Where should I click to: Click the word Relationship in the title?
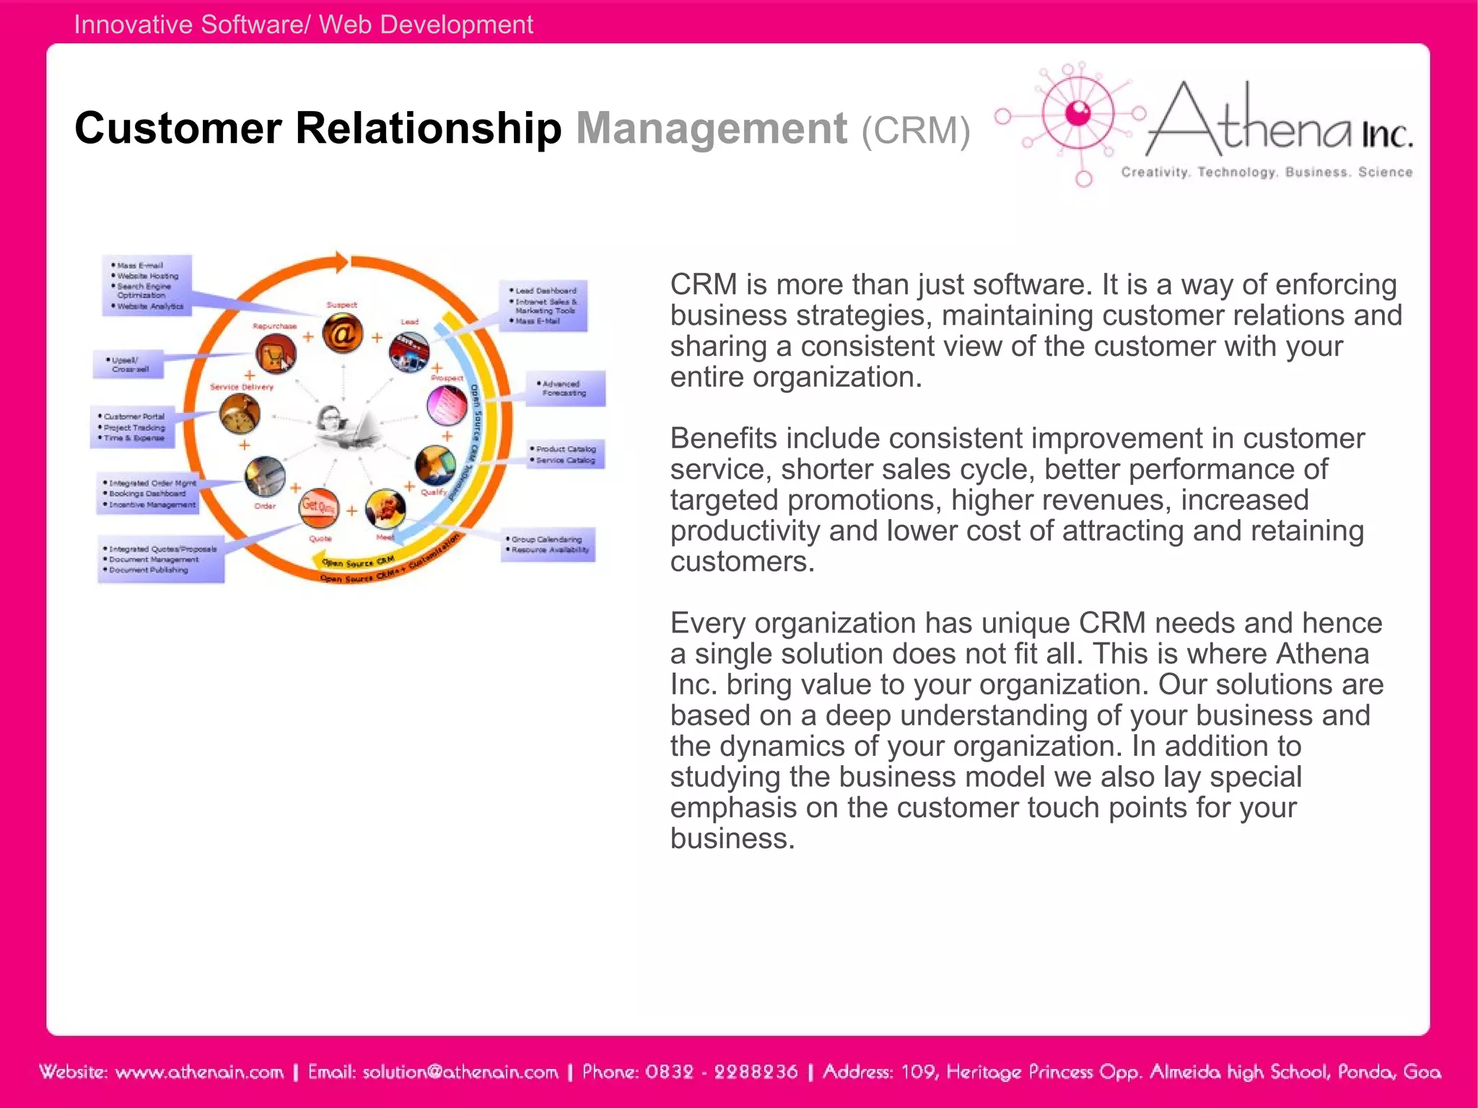tap(428, 129)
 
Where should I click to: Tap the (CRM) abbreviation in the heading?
tap(915, 131)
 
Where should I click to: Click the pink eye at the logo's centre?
tap(1078, 113)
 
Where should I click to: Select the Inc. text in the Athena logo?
tap(1386, 135)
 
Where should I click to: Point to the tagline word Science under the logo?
tap(1384, 173)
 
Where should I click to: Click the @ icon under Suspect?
tap(342, 333)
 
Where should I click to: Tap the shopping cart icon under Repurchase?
tap(275, 354)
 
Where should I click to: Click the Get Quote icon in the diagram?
tap(318, 507)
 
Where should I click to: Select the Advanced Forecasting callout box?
tap(565, 389)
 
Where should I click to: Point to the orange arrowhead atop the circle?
tap(339, 262)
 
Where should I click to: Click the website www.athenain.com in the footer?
tap(199, 1072)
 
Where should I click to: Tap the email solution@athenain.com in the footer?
tap(460, 1072)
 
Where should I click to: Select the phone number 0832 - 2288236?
tap(721, 1072)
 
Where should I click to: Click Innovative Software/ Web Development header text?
tap(303, 25)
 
